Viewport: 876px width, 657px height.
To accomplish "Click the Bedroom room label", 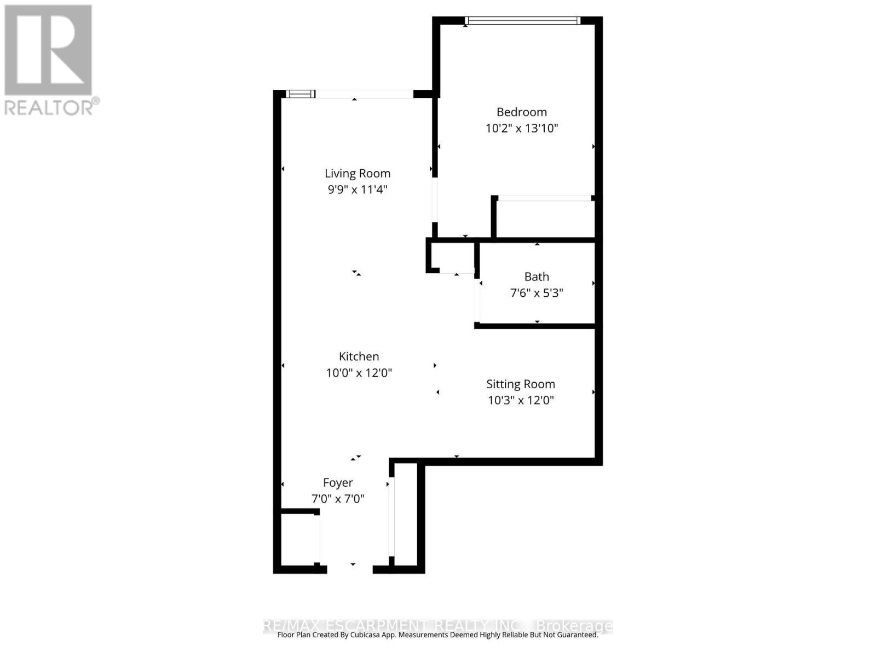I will pyautogui.click(x=521, y=112).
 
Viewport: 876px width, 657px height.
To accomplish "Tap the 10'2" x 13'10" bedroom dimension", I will pyautogui.click(x=521, y=129).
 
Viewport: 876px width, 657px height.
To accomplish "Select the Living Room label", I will pyautogui.click(x=358, y=174).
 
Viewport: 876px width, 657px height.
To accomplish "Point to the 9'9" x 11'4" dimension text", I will pyautogui.click(x=358, y=190).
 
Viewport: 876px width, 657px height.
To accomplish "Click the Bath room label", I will pyautogui.click(x=537, y=277).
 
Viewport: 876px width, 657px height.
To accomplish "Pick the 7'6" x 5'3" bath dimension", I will pyautogui.click(x=537, y=293).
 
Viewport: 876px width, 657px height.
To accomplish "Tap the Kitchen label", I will pyautogui.click(x=359, y=357).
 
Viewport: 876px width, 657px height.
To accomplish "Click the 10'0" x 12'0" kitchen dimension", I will pyautogui.click(x=359, y=373).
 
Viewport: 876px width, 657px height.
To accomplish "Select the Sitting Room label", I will pyautogui.click(x=521, y=384).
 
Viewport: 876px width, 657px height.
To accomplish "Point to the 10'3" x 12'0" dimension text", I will pyautogui.click(x=521, y=401).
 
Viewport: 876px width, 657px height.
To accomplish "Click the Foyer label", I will pyautogui.click(x=338, y=483).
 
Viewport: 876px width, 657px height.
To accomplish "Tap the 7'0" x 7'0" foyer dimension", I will pyautogui.click(x=338, y=499).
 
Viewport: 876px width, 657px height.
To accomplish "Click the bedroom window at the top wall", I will pyautogui.click(x=522, y=21).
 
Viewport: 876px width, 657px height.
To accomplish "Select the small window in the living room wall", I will pyautogui.click(x=301, y=94).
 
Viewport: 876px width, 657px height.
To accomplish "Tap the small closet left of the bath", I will pyautogui.click(x=452, y=256).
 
